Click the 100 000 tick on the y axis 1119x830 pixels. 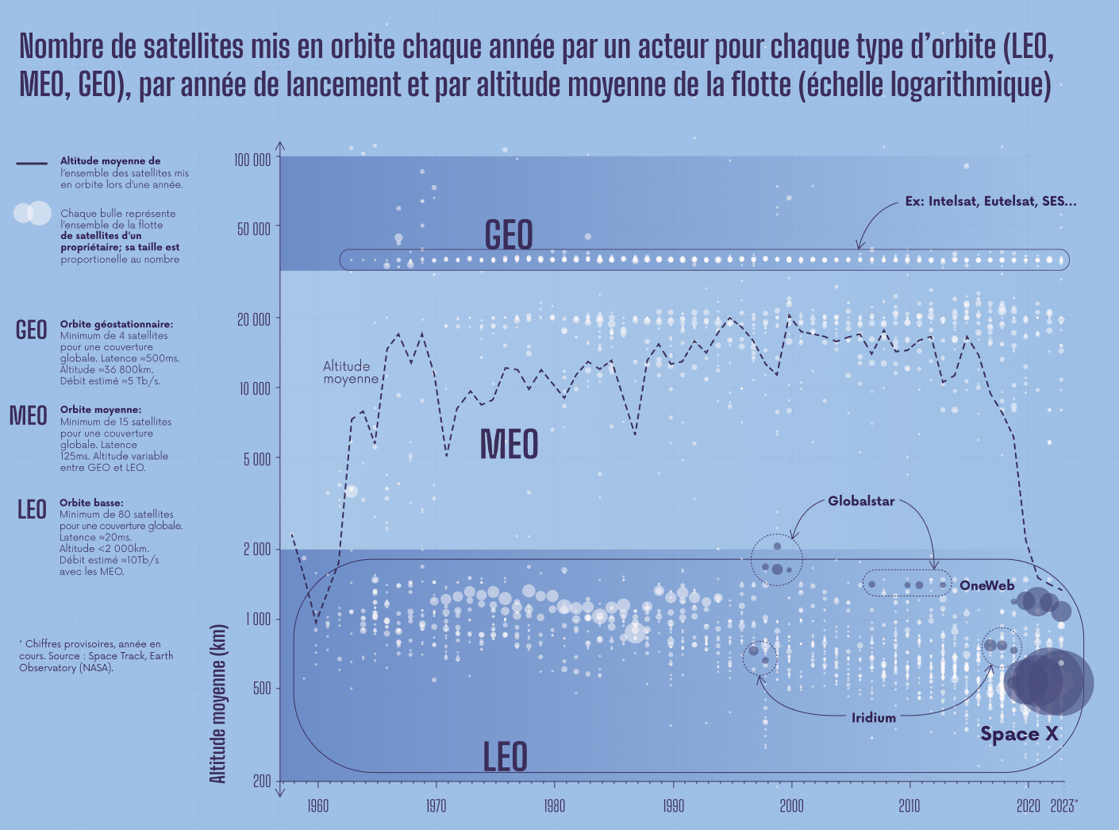(x=252, y=160)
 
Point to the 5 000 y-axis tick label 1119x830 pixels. (x=256, y=459)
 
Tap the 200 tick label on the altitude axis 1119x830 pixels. (x=262, y=782)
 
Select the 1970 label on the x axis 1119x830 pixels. (x=436, y=806)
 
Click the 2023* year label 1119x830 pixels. (x=1063, y=806)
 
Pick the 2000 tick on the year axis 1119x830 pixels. (x=791, y=806)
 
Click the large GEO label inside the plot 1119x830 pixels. (x=509, y=235)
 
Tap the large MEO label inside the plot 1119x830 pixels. (x=509, y=445)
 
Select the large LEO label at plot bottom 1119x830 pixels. (x=506, y=757)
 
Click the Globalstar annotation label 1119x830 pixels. (x=861, y=501)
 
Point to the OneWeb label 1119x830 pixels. (x=986, y=585)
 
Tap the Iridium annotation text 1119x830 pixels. (x=874, y=718)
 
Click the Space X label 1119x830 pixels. (x=1019, y=734)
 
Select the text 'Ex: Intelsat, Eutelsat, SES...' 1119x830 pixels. (x=990, y=202)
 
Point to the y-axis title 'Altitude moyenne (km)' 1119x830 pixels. (x=218, y=704)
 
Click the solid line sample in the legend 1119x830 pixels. (x=32, y=164)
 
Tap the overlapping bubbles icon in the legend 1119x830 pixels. (x=33, y=213)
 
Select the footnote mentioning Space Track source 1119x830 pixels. (x=95, y=656)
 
